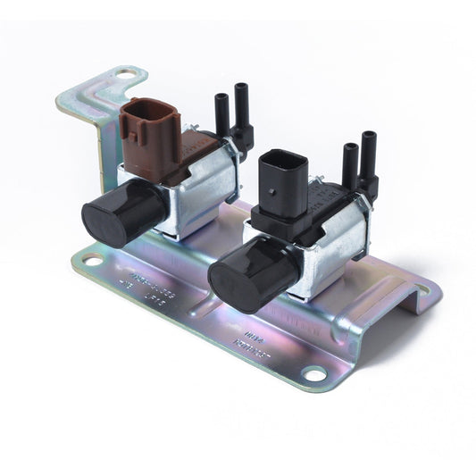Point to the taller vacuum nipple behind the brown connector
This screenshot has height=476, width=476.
pos(241,107)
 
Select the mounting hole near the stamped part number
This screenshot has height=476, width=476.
pos(91,261)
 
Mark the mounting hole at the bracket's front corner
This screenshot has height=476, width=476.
pos(313,373)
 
